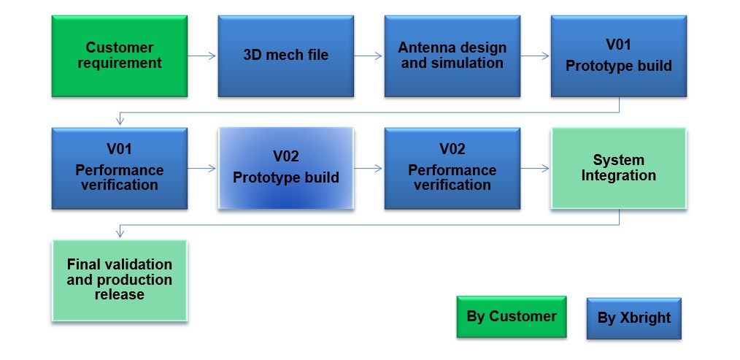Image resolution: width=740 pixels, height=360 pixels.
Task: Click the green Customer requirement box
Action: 120,56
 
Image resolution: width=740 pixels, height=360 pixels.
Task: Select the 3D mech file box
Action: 286,56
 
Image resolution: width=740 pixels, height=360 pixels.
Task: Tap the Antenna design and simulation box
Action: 452,56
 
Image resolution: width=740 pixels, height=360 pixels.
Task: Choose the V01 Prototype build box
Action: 619,56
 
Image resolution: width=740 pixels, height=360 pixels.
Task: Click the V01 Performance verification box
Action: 120,168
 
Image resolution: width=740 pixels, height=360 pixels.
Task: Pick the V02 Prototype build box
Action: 286,168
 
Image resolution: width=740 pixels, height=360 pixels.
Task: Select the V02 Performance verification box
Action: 452,168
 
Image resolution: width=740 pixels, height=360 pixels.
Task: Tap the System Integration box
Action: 619,168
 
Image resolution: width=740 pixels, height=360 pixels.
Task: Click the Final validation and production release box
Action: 120,280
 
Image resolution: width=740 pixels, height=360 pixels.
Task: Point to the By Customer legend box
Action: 512,316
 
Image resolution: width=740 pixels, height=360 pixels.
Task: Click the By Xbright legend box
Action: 633,318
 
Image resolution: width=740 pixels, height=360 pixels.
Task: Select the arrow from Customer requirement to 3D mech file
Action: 202,56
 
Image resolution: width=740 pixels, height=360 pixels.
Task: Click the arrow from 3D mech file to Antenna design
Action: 368,56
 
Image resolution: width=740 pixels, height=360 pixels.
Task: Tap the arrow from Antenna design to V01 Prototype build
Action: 535,56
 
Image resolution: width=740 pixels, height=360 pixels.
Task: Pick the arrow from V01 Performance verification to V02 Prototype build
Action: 202,168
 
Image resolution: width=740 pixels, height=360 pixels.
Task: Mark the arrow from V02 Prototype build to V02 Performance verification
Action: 368,168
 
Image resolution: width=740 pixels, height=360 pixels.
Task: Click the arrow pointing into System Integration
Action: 535,168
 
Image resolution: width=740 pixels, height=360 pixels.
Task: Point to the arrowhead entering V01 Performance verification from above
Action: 120,122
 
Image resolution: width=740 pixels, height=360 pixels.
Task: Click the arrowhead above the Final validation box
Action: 120,234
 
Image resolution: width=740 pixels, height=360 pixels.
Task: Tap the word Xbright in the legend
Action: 647,318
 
